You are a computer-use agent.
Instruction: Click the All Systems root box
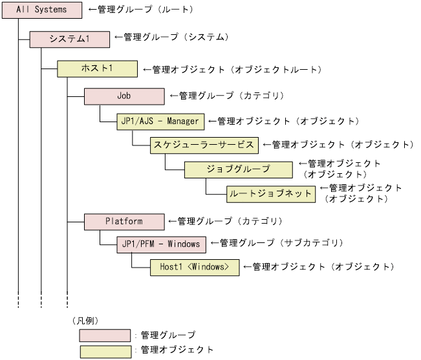[42, 10]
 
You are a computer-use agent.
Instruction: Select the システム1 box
[70, 39]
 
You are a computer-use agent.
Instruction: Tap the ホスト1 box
[97, 68]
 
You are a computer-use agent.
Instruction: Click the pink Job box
[124, 96]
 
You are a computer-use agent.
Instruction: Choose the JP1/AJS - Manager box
[160, 121]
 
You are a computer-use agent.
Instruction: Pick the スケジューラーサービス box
[204, 145]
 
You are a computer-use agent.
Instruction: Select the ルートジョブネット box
[270, 193]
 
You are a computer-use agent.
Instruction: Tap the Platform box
[124, 222]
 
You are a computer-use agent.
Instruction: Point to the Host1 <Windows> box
[194, 267]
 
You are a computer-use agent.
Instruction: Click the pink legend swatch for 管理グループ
[105, 335]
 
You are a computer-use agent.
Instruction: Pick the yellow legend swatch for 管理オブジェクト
[105, 351]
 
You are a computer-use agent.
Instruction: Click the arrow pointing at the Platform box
[172, 221]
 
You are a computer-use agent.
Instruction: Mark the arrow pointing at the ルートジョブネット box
[323, 189]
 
